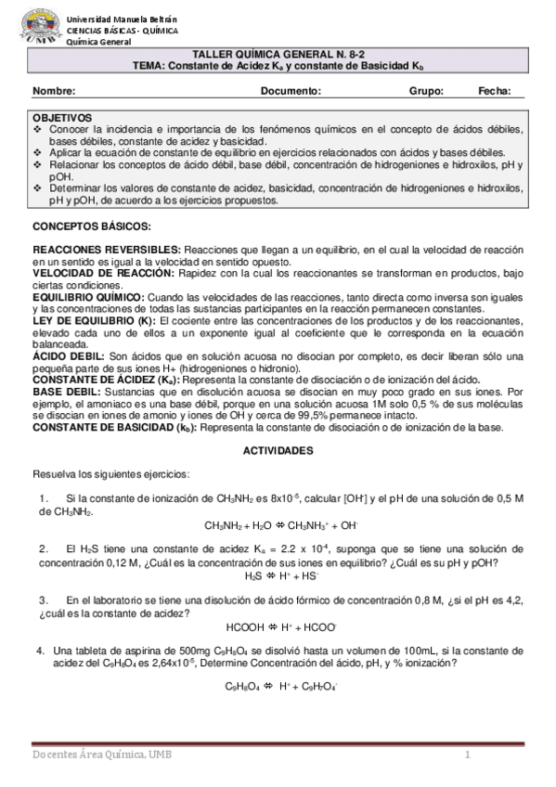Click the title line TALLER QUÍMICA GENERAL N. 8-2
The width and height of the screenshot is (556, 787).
click(278, 56)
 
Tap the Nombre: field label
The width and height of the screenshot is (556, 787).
click(54, 91)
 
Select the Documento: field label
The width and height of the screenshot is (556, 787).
click(291, 91)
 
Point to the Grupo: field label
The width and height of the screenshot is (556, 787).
click(426, 91)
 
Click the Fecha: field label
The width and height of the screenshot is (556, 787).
click(495, 91)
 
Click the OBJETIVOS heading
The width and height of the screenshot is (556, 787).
click(62, 119)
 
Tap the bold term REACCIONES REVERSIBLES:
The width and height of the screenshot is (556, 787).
click(108, 252)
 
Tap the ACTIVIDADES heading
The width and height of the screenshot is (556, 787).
click(278, 450)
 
